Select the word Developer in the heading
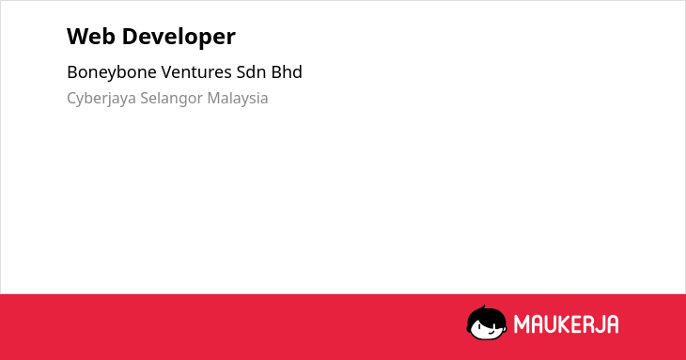pyautogui.click(x=179, y=38)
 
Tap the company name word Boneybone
pyautogui.click(x=112, y=72)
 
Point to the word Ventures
pyautogui.click(x=197, y=72)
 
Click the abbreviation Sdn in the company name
pyautogui.click(x=252, y=71)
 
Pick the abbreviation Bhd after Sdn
pyautogui.click(x=287, y=71)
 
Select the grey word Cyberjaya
pyautogui.click(x=101, y=99)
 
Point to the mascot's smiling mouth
pyautogui.click(x=491, y=333)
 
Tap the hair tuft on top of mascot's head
pyautogui.click(x=483, y=307)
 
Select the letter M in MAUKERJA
pyautogui.click(x=522, y=324)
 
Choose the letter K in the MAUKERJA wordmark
pyautogui.click(x=565, y=324)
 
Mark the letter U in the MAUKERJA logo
pyautogui.click(x=550, y=324)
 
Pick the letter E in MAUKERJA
pyautogui.click(x=578, y=324)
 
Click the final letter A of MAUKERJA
pyautogui.click(x=611, y=324)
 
